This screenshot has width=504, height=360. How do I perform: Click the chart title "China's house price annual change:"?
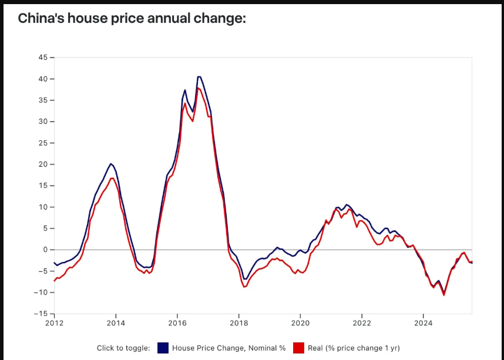click(132, 19)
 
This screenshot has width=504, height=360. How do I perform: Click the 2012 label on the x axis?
click(54, 322)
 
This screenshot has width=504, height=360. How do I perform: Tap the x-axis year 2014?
click(116, 322)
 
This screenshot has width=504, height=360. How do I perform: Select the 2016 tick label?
click(177, 322)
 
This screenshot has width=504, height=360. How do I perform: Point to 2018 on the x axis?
click(238, 322)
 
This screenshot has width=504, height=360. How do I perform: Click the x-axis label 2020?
click(300, 322)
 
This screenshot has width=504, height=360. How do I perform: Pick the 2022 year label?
click(361, 322)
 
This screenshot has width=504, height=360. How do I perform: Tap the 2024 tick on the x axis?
click(423, 322)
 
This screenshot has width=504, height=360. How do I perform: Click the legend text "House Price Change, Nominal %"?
click(229, 348)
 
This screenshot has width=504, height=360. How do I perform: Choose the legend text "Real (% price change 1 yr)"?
click(353, 348)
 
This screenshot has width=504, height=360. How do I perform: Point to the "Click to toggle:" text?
click(123, 348)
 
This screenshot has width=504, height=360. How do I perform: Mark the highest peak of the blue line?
click(199, 76)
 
